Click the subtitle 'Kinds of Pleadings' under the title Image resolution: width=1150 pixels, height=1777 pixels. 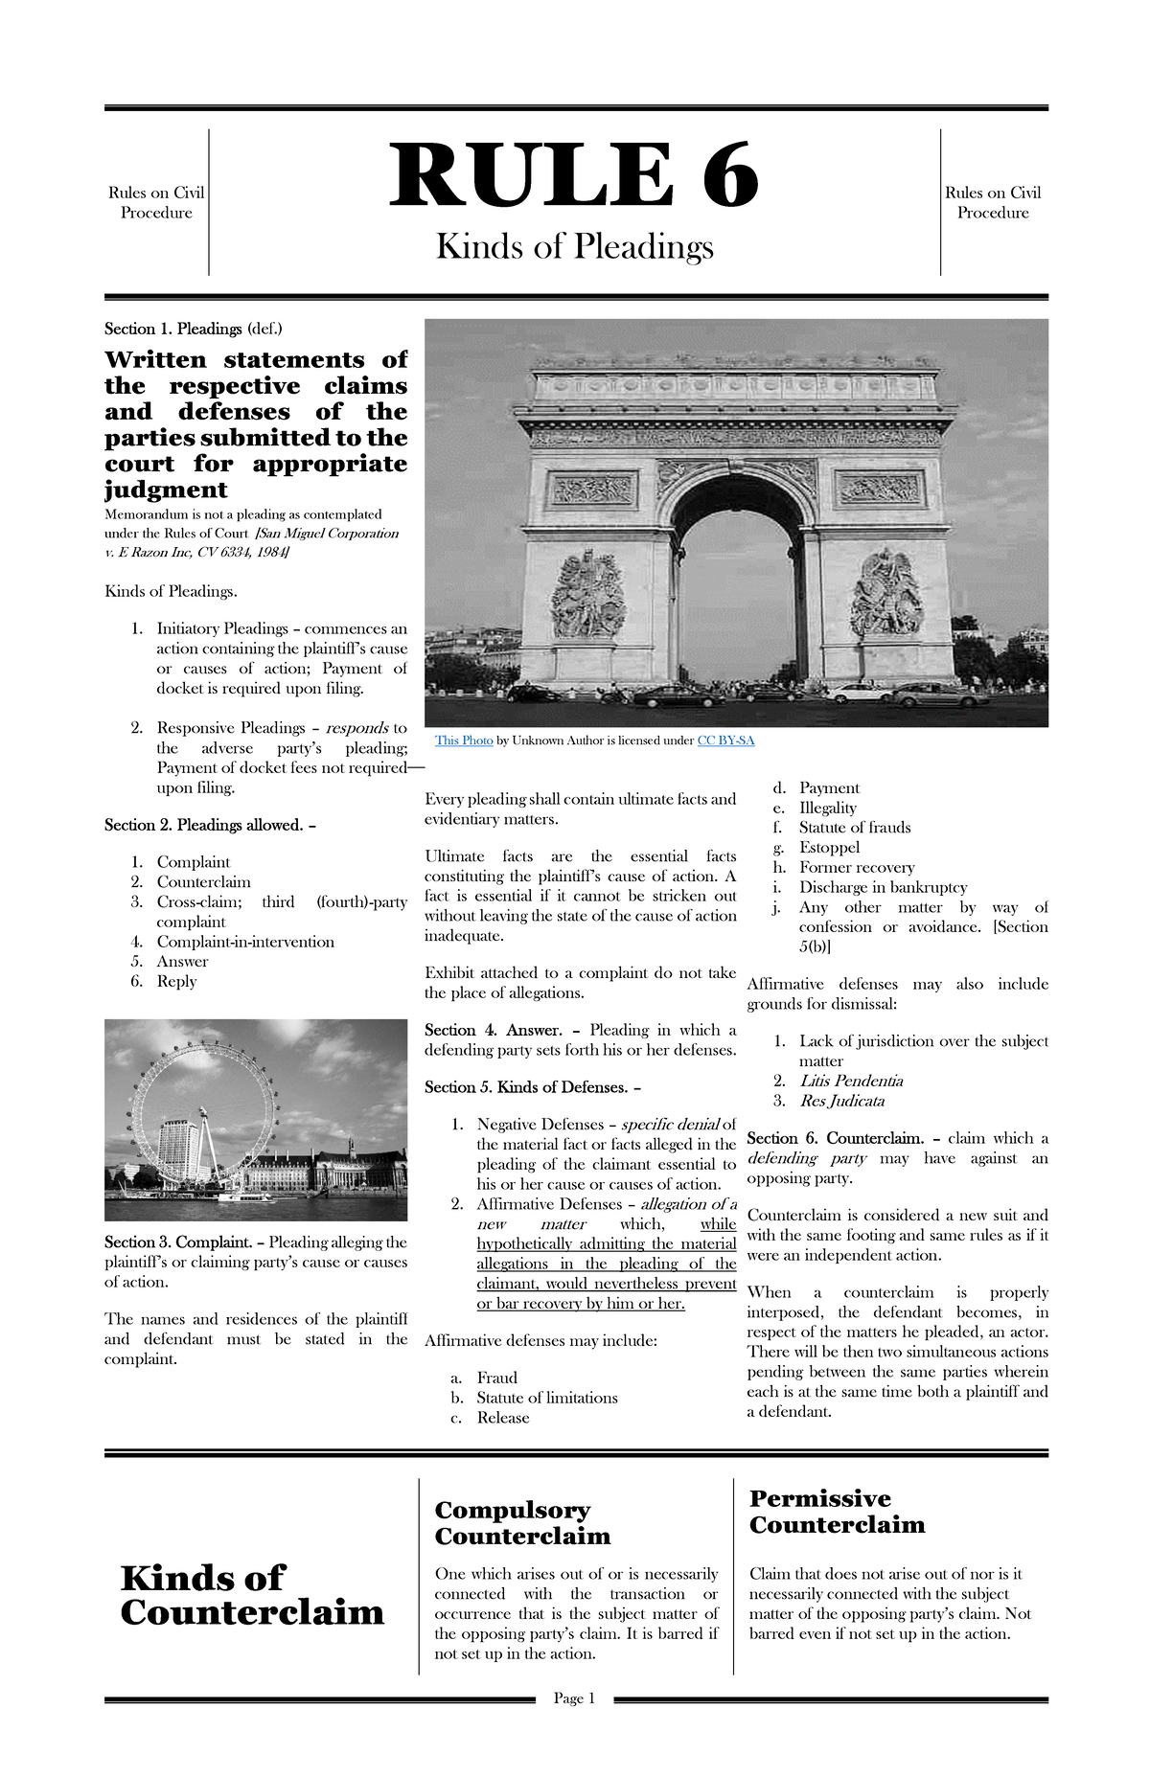click(x=574, y=247)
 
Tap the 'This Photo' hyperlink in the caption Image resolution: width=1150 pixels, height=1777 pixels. click(x=464, y=740)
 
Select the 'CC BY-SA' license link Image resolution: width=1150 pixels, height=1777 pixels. click(x=725, y=740)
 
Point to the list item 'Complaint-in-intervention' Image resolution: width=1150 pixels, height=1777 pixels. click(x=245, y=942)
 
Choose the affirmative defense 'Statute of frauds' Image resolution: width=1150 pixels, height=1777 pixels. click(x=855, y=828)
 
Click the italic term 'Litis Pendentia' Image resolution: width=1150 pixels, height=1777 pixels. click(x=851, y=1081)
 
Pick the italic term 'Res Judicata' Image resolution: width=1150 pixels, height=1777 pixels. click(x=841, y=1101)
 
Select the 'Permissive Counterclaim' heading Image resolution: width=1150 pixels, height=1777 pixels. click(x=837, y=1511)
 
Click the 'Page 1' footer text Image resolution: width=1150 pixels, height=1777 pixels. click(x=574, y=1698)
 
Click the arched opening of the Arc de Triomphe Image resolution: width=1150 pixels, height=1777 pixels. click(x=736, y=584)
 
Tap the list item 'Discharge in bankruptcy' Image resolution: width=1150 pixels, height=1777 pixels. click(x=883, y=887)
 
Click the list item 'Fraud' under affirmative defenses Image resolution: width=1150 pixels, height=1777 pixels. click(x=496, y=1378)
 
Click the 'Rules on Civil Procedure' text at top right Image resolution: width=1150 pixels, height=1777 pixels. click(x=993, y=202)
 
